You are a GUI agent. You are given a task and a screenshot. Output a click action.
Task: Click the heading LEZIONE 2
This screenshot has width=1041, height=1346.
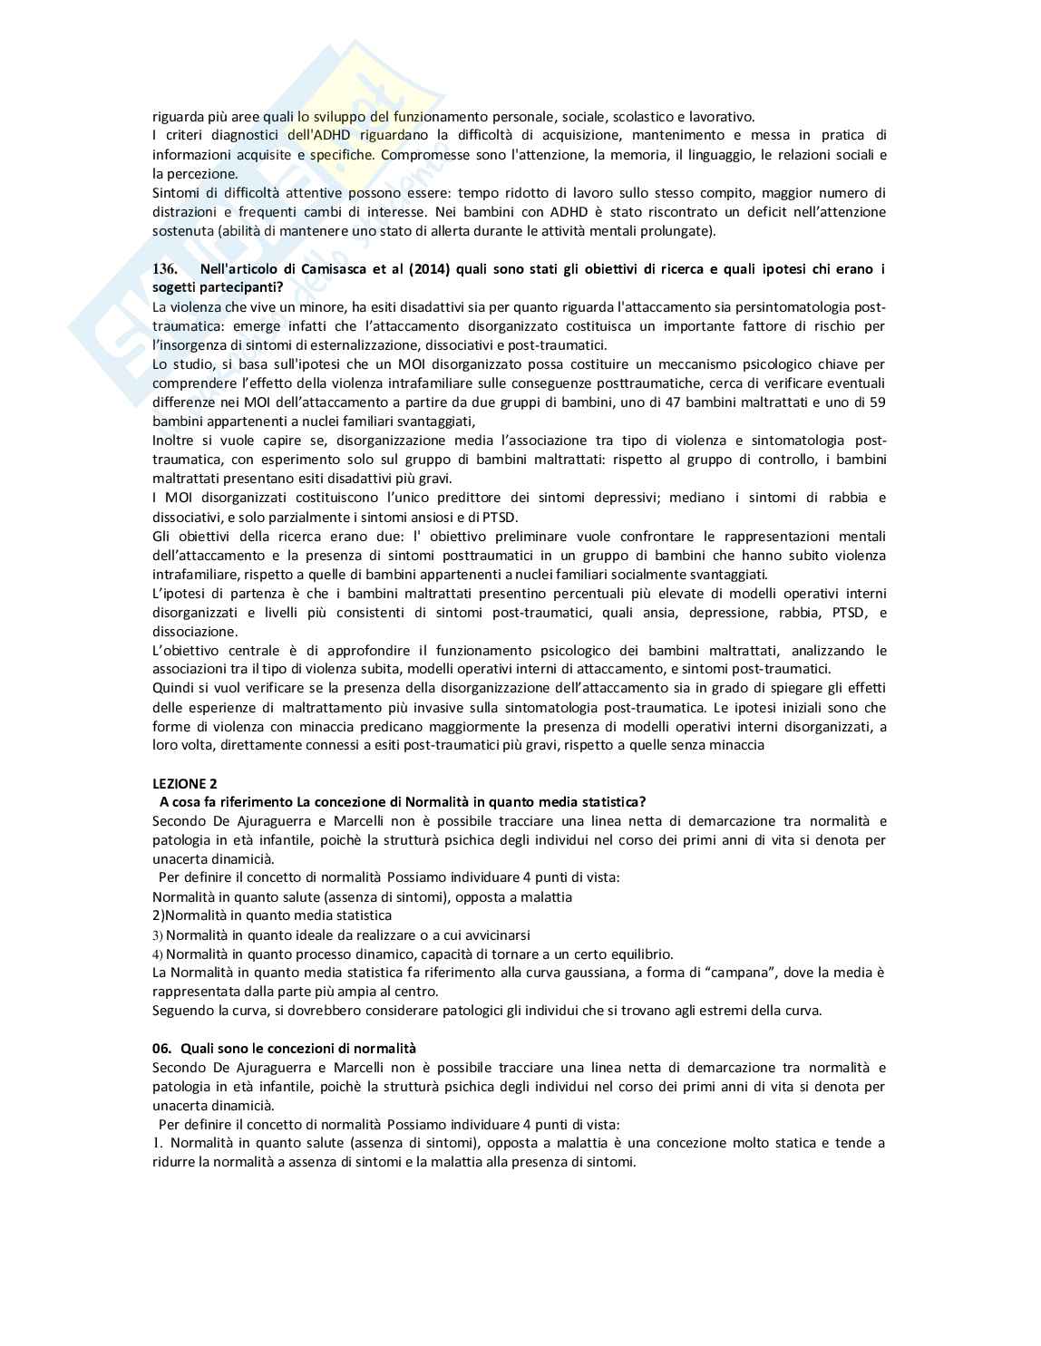[x=185, y=783]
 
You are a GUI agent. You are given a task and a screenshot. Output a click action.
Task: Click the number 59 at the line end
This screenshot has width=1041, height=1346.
[x=877, y=402]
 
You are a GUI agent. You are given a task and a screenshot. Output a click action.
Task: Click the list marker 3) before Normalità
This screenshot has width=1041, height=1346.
[x=157, y=935]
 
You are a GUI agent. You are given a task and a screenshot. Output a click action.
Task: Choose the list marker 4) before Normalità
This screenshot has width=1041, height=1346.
[x=157, y=954]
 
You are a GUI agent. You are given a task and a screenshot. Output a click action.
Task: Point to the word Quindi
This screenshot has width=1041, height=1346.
[x=172, y=688]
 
